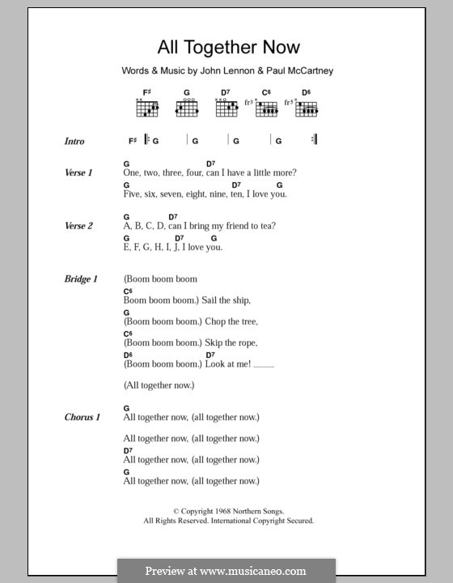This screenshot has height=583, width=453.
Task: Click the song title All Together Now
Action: (226, 47)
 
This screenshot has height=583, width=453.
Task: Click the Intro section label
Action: (74, 142)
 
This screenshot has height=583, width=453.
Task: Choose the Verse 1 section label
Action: (78, 172)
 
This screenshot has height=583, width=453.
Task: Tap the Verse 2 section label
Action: (78, 226)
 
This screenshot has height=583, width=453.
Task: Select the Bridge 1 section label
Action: (81, 279)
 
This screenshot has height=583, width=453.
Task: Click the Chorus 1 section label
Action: (82, 417)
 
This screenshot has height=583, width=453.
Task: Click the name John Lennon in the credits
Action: (218, 71)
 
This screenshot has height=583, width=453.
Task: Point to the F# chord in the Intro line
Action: (133, 141)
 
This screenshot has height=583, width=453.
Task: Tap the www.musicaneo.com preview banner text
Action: (226, 571)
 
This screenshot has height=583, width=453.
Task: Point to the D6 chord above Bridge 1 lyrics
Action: (128, 355)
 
